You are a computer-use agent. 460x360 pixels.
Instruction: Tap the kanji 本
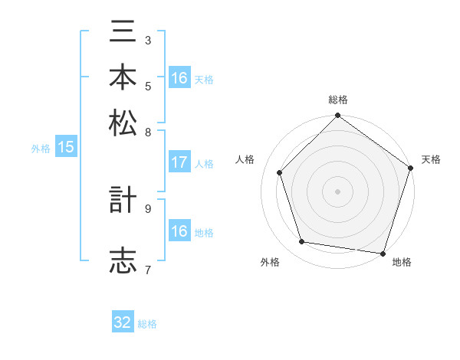[x=123, y=77]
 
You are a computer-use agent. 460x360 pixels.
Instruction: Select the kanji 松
[x=123, y=123]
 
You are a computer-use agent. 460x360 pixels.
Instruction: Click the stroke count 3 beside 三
[x=147, y=40]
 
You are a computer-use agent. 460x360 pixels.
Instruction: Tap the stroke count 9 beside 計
[x=147, y=208]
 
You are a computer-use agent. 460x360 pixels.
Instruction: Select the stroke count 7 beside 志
[x=147, y=269]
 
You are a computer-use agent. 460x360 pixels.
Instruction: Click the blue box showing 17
[x=179, y=162]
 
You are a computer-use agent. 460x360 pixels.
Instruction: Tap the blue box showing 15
[x=66, y=147]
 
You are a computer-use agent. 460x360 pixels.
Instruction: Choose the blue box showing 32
[x=123, y=322]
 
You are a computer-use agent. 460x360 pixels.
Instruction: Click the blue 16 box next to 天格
[x=179, y=78]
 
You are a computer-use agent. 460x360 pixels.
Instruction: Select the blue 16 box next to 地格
[x=179, y=231]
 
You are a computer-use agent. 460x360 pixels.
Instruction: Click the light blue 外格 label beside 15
[x=41, y=149]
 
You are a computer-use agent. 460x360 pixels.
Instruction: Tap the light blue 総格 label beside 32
[x=147, y=324]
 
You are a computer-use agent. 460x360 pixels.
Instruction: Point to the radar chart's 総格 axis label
[x=337, y=100]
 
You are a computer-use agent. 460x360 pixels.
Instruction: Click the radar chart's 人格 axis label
[x=245, y=159]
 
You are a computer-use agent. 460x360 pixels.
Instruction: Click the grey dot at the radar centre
[x=337, y=191]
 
